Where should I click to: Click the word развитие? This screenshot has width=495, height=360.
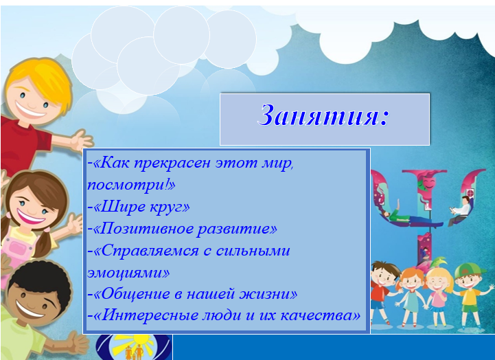pos(233,228)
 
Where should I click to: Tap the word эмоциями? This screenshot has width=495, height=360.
pos(125,273)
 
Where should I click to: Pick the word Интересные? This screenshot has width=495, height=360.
pos(148,315)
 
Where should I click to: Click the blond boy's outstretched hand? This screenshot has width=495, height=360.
pos(82,140)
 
